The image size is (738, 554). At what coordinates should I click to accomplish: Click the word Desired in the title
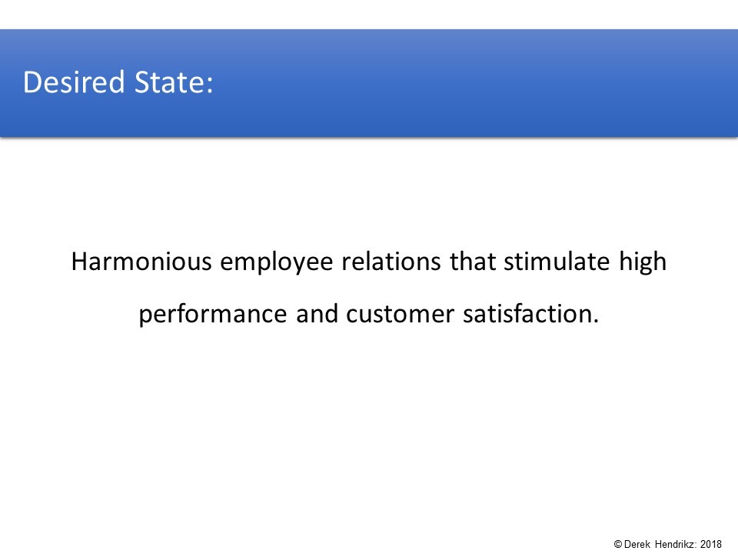(74, 82)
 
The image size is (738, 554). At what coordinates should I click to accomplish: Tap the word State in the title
(168, 82)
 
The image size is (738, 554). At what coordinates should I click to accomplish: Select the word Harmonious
(141, 261)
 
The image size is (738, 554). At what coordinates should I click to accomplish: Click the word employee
(277, 263)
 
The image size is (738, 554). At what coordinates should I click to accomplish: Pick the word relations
(391, 261)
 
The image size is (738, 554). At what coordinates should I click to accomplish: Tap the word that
(473, 261)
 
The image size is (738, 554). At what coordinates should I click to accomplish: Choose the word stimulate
(557, 261)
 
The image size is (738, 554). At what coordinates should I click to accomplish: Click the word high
(643, 263)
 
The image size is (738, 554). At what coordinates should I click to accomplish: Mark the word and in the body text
(317, 314)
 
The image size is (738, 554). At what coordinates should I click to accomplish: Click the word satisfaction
(527, 314)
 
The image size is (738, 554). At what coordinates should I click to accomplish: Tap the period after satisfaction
(595, 322)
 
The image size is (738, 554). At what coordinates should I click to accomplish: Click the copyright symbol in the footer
(618, 544)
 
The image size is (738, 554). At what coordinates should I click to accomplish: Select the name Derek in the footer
(637, 544)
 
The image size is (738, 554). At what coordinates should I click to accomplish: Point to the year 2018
(710, 544)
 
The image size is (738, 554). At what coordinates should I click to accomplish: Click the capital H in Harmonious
(79, 262)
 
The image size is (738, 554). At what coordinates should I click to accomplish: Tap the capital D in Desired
(32, 82)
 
